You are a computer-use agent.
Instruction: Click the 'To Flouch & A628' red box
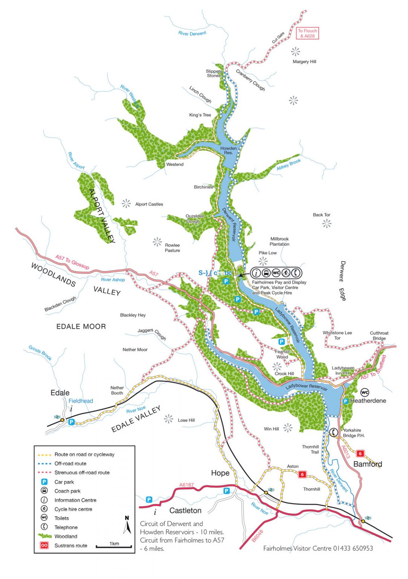pyautogui.click(x=307, y=34)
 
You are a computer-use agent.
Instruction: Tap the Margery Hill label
pyautogui.click(x=304, y=61)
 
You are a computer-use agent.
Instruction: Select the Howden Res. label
pyautogui.click(x=228, y=150)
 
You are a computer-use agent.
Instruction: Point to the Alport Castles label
pyautogui.click(x=149, y=204)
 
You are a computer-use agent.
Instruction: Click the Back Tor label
pyautogui.click(x=321, y=215)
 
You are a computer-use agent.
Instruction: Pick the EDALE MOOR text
pyautogui.click(x=81, y=327)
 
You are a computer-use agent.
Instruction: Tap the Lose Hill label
pyautogui.click(x=186, y=420)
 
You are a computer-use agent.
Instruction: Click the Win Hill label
pyautogui.click(x=271, y=429)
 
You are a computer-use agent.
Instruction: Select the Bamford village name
pyautogui.click(x=367, y=464)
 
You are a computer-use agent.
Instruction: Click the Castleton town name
pyautogui.click(x=185, y=511)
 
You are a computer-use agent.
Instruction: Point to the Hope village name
pyautogui.click(x=220, y=473)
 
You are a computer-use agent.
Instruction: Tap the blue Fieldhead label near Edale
pyautogui.click(x=81, y=401)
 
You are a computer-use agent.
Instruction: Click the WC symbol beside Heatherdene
pyautogui.click(x=364, y=392)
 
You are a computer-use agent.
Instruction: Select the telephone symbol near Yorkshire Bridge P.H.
pyautogui.click(x=333, y=432)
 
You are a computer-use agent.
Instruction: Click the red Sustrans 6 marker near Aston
pyautogui.click(x=302, y=475)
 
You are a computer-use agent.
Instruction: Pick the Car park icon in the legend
pyautogui.click(x=44, y=482)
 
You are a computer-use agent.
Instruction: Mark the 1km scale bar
pyautogui.click(x=113, y=546)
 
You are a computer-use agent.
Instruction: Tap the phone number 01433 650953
pyautogui.click(x=353, y=548)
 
